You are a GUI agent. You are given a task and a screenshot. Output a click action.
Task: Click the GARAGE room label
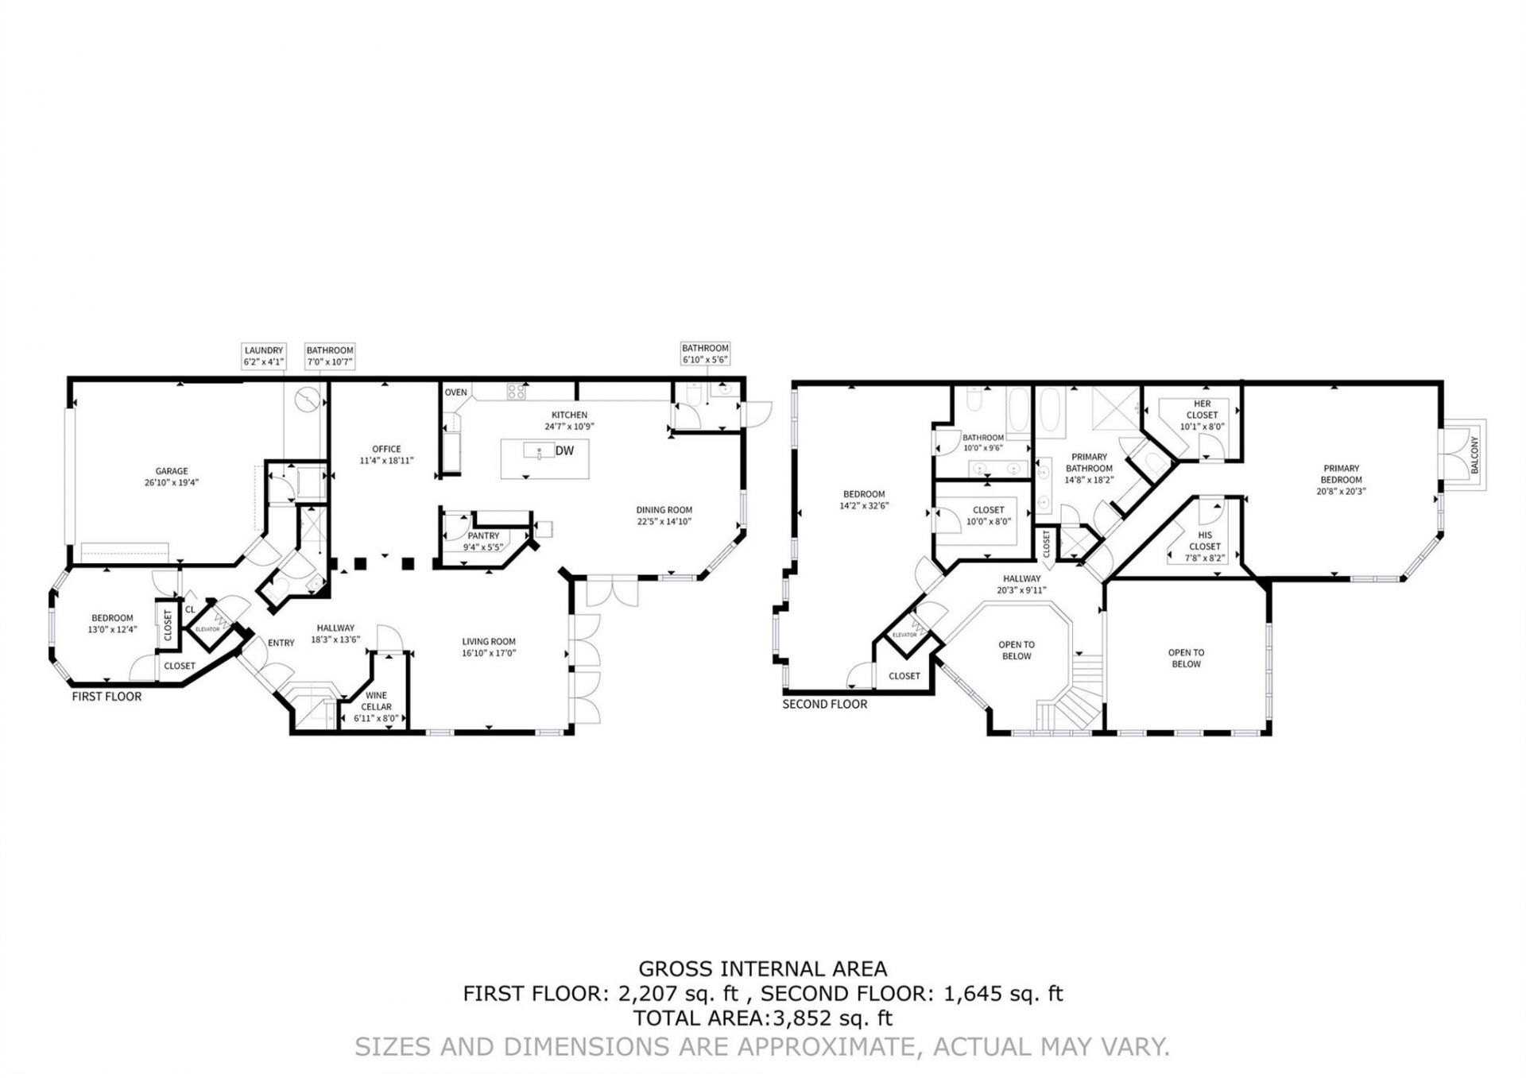click(172, 471)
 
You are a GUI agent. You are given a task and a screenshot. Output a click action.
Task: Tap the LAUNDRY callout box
click(264, 355)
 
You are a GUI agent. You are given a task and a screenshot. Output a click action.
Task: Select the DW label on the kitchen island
click(564, 451)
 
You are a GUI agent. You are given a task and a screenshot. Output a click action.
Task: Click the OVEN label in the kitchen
click(456, 392)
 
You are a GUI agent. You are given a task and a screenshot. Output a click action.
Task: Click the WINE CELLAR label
click(376, 701)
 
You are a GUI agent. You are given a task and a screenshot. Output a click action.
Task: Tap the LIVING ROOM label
click(489, 642)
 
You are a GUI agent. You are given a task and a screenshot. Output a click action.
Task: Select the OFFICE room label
click(386, 449)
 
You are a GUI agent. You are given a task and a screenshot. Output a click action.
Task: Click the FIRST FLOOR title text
click(107, 697)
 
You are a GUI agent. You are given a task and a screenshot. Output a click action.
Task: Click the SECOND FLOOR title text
click(825, 704)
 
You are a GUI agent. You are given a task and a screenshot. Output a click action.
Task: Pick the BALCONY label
click(1474, 455)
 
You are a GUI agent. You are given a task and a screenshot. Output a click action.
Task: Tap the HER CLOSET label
click(1202, 409)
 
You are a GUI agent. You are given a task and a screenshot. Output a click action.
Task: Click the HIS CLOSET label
click(1205, 541)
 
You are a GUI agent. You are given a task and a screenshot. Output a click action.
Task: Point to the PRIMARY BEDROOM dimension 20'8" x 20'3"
click(1341, 491)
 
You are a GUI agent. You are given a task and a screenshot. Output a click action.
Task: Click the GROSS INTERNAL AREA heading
click(763, 968)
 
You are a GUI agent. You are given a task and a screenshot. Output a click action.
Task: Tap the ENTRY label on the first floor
click(281, 643)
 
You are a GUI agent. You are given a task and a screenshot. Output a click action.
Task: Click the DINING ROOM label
click(664, 510)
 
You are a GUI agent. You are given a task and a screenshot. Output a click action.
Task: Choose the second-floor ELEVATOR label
click(904, 636)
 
